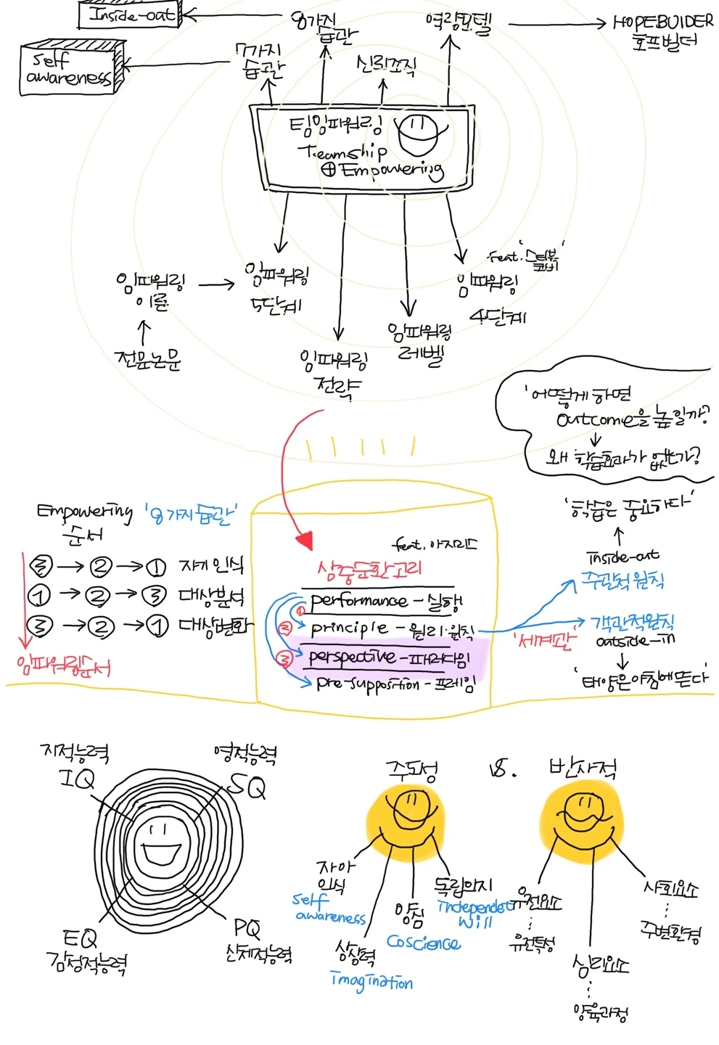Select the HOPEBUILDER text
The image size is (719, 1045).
662,22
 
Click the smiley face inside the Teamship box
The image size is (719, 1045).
420,135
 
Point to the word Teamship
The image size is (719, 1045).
342,152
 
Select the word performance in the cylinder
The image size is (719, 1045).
358,601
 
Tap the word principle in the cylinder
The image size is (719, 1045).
349,627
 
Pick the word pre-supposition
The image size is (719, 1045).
368,684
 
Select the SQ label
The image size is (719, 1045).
247,785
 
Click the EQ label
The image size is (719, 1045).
78,939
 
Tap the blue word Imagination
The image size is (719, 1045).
371,981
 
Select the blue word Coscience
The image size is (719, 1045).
423,943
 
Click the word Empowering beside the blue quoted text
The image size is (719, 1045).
85,512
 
